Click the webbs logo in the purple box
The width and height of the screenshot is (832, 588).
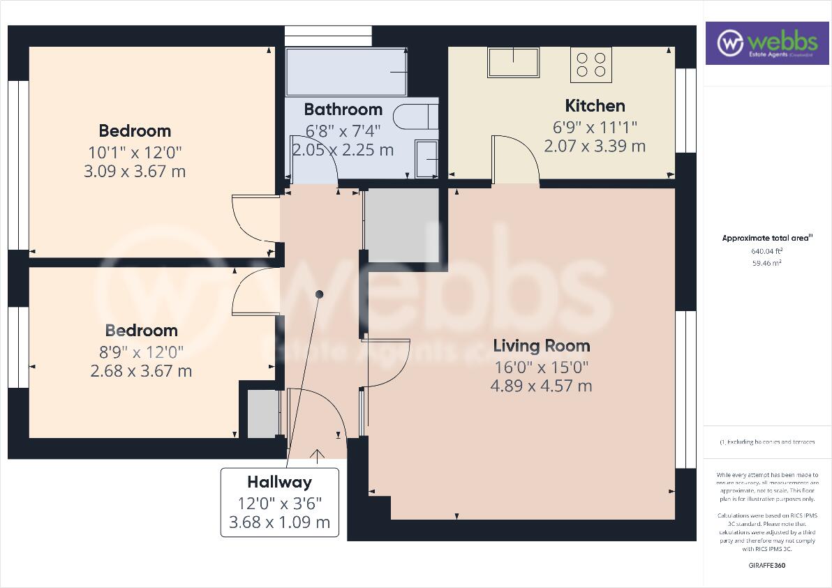(766, 43)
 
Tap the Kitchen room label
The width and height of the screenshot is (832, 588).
(595, 106)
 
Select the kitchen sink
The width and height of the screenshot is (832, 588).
(514, 62)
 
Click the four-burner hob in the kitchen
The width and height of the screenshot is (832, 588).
(591, 64)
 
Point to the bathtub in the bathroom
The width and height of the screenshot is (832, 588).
(346, 72)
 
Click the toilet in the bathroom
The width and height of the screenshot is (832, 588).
(415, 116)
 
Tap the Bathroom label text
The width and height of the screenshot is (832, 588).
(343, 110)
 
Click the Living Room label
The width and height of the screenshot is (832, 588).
(541, 346)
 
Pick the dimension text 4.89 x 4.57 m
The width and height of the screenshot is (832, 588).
(542, 385)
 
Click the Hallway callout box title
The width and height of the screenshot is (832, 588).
(279, 482)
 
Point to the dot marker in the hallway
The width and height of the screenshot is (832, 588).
(320, 294)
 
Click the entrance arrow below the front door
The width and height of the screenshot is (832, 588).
(318, 456)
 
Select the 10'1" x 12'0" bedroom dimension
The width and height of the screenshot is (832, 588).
(135, 151)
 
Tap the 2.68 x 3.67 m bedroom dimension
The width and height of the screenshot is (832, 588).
(141, 371)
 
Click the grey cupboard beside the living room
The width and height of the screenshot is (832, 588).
(402, 225)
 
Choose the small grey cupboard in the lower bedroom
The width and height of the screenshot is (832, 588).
(263, 414)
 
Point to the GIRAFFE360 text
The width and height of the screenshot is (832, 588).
(766, 566)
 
